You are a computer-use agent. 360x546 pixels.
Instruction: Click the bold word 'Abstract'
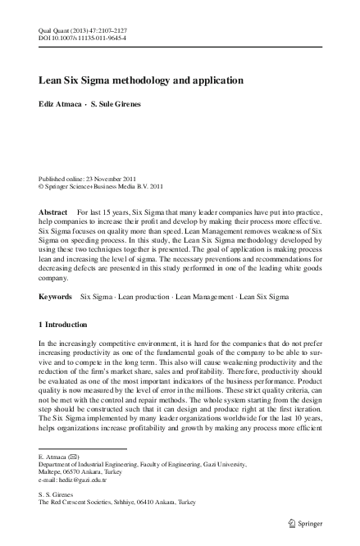53,211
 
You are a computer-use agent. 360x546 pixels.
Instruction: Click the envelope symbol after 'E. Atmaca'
74,456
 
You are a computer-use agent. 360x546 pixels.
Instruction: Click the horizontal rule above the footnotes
82,448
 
